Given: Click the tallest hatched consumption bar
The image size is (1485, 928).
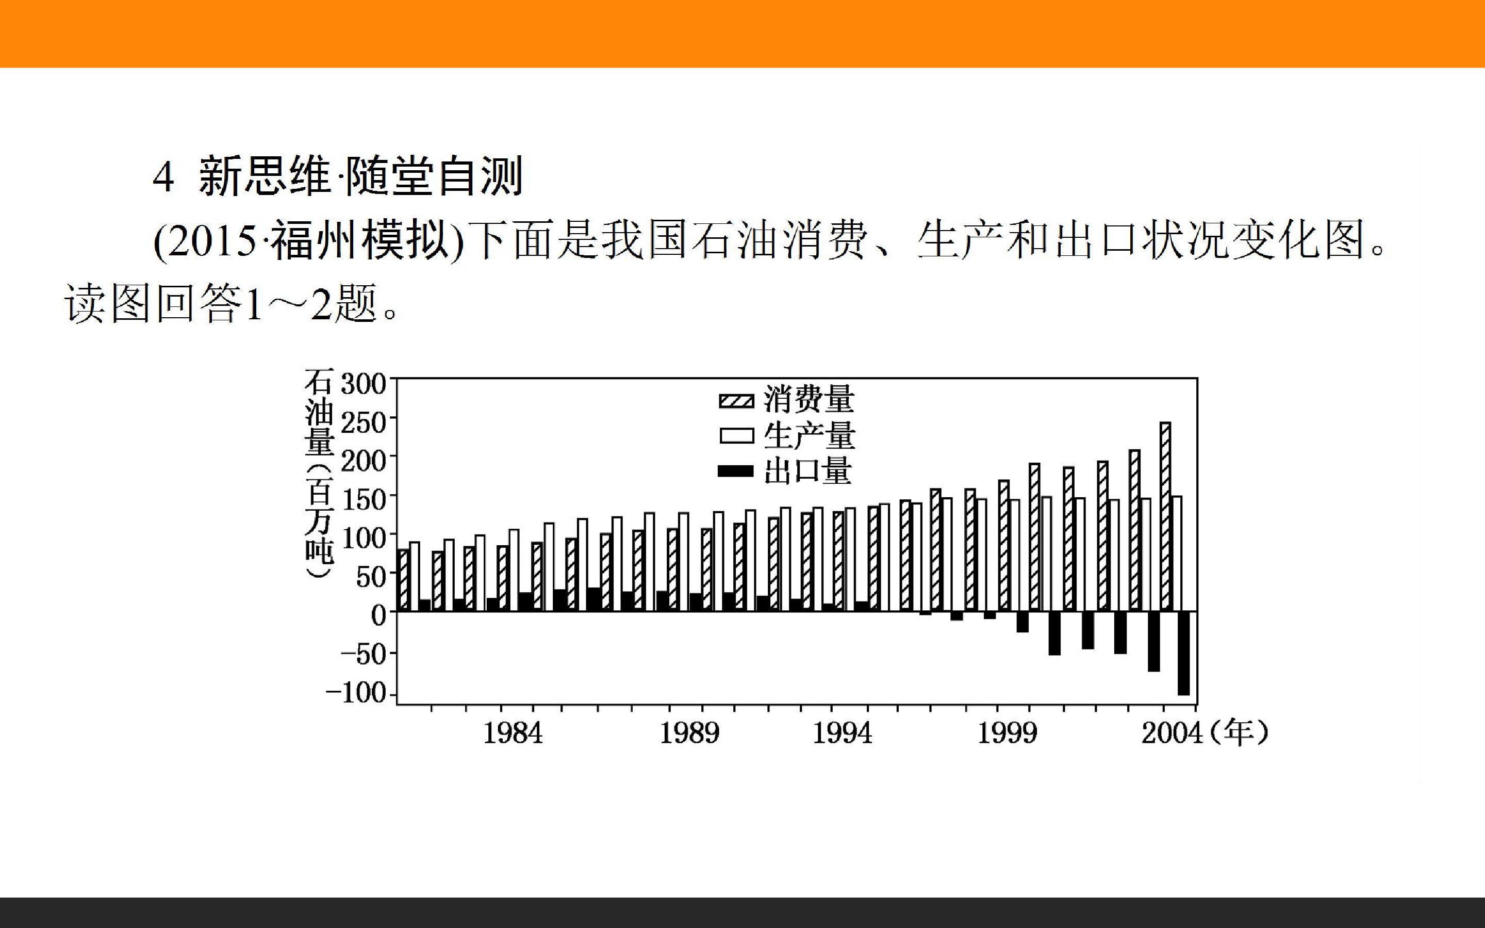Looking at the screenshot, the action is point(1165,516).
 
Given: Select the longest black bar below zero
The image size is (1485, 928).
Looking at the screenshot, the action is point(1183,653).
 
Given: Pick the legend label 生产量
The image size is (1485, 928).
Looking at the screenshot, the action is point(809,436).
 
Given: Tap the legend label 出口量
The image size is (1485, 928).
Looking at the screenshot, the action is point(808,471).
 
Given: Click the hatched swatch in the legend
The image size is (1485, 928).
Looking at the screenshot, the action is point(736,401).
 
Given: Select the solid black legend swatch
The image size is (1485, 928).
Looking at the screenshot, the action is point(736,471).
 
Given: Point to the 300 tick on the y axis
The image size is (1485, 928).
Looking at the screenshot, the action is point(364,385).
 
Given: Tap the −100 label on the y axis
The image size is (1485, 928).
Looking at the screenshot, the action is point(356,693).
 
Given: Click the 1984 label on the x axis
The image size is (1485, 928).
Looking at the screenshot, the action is point(513,734).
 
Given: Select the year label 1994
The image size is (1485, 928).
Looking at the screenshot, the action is point(842,734).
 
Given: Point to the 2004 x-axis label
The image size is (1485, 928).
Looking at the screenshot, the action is point(1171,734).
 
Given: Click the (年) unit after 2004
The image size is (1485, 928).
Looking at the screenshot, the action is point(1238,734).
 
